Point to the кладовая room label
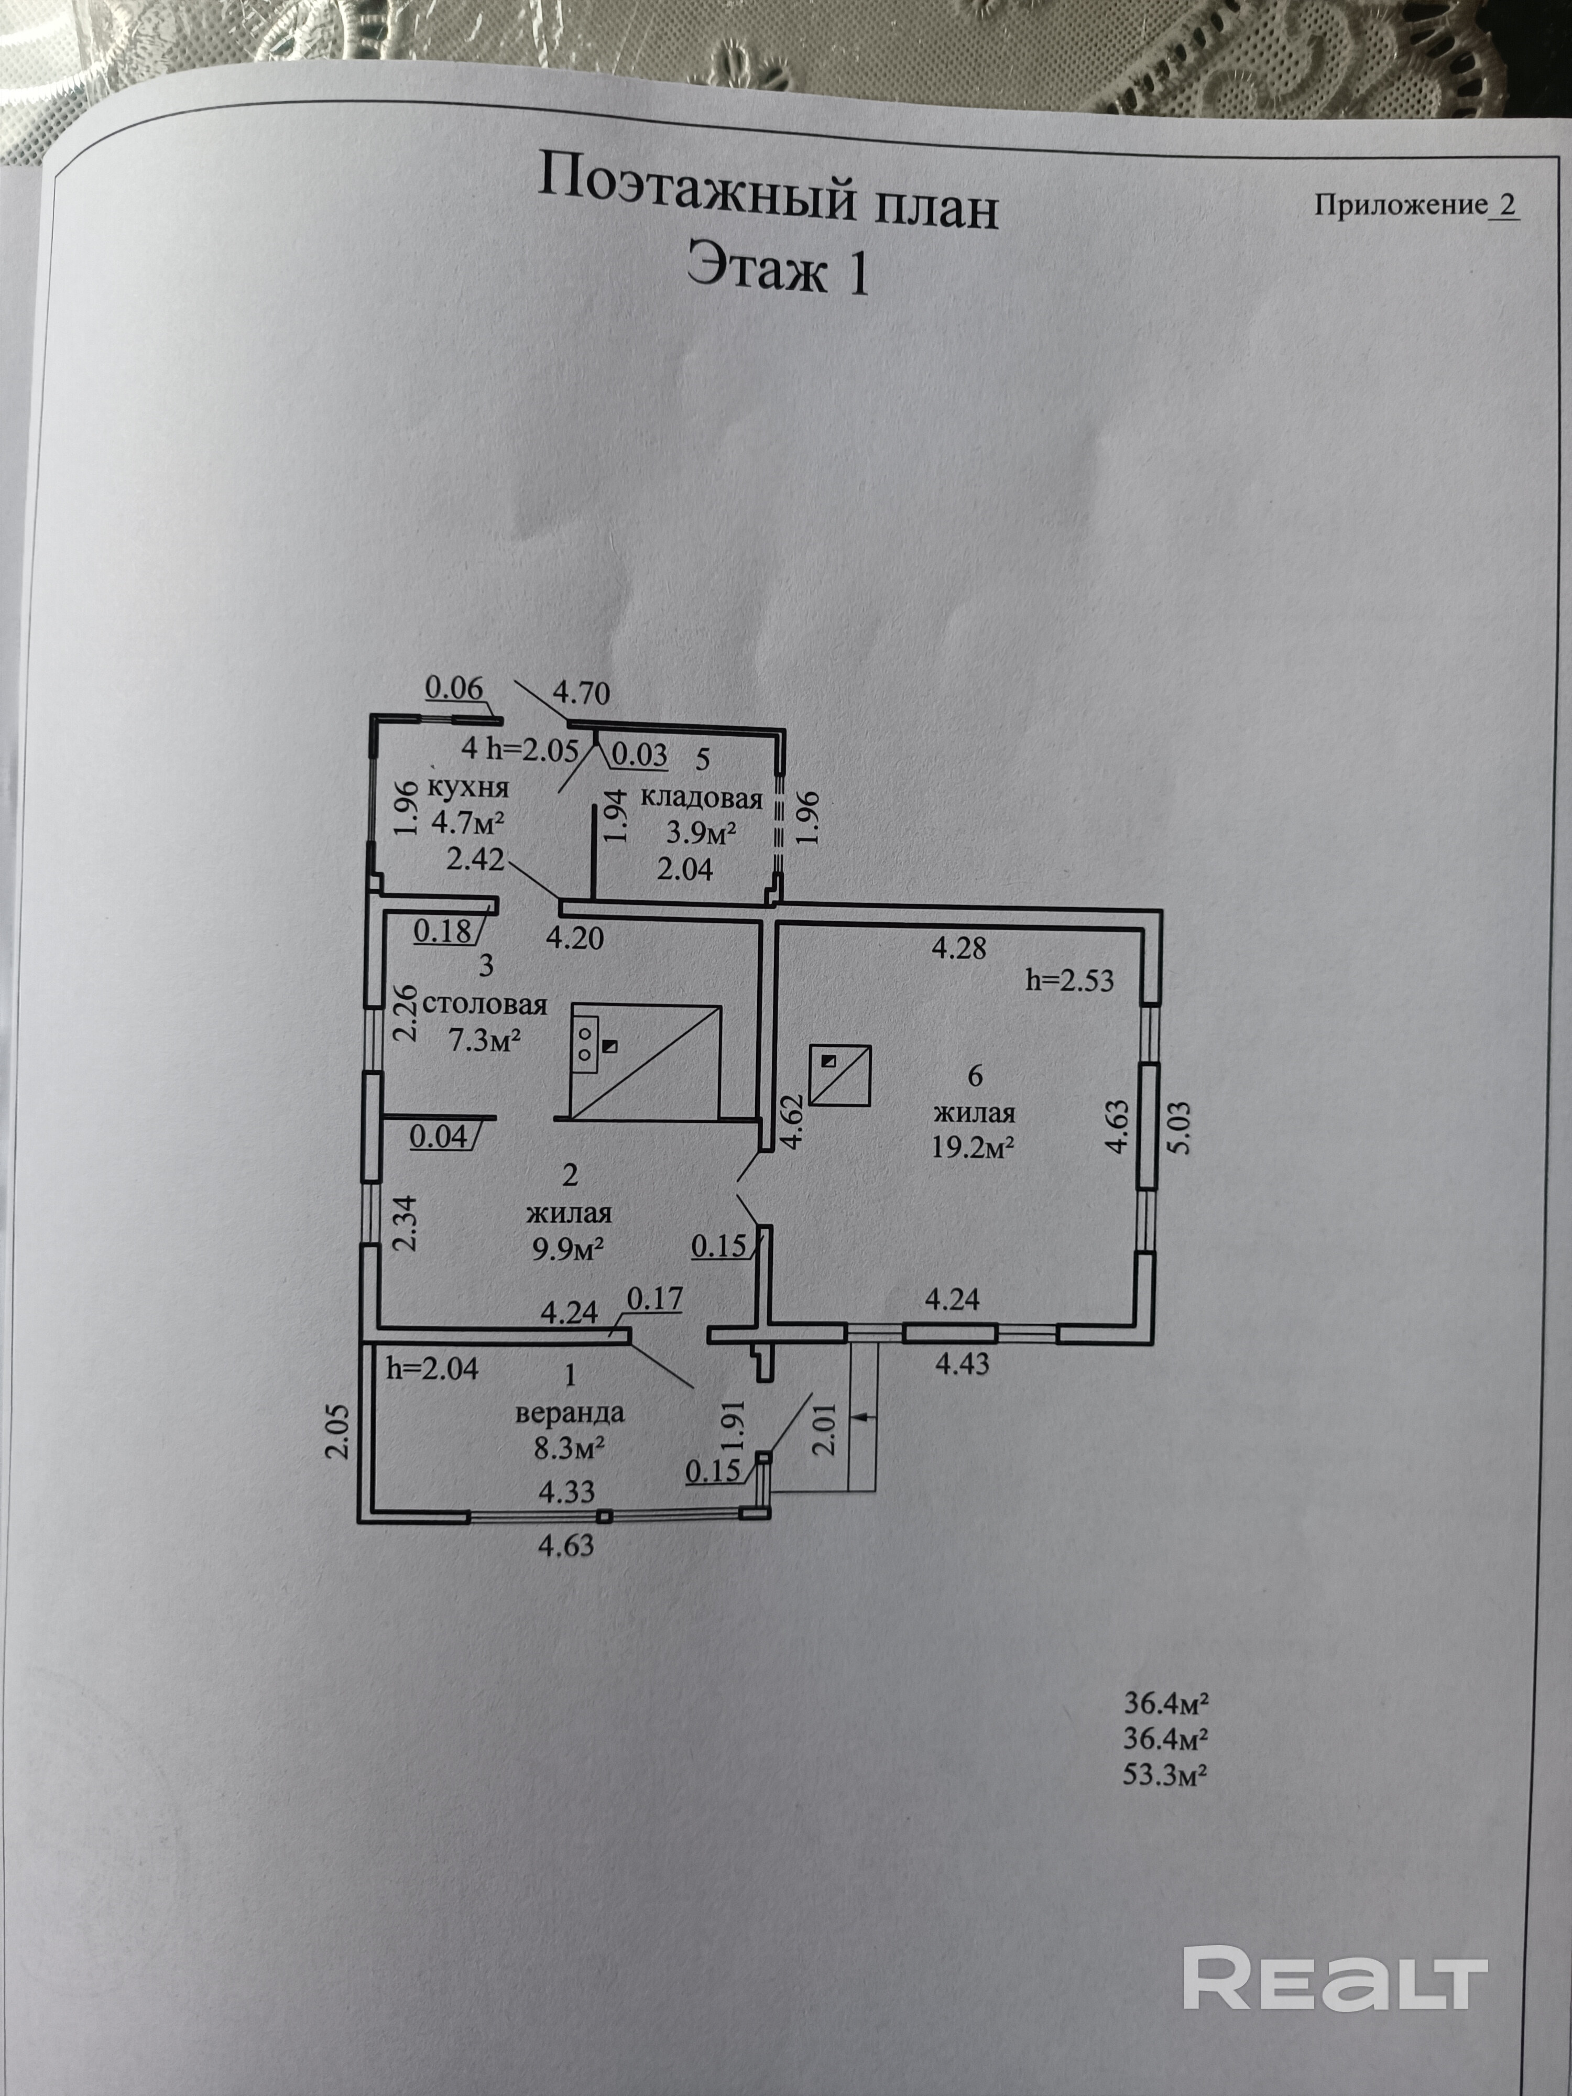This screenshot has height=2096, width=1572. [x=701, y=798]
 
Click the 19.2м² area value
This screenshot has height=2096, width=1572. [x=973, y=1148]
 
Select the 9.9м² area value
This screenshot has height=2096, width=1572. [x=569, y=1249]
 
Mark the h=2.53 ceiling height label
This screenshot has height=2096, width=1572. [x=1070, y=980]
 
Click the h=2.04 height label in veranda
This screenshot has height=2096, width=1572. [x=432, y=1368]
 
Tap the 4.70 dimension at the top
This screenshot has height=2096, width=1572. [x=581, y=693]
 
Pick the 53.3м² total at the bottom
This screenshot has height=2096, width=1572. [x=1164, y=1774]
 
